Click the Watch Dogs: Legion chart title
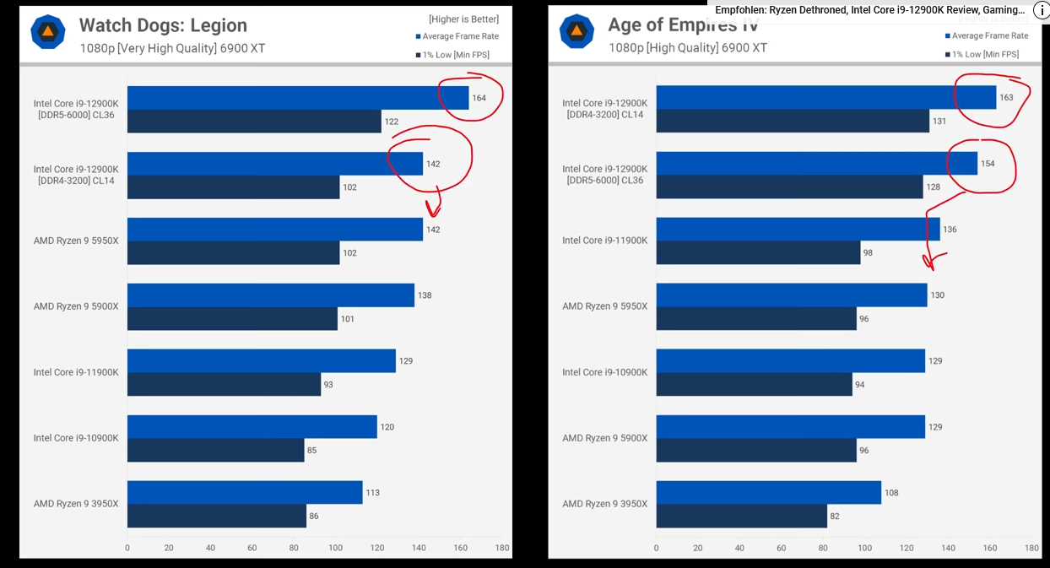163,25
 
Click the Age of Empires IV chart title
683,25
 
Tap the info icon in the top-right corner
1041,10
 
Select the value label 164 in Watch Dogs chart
479,98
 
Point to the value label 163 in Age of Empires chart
1006,98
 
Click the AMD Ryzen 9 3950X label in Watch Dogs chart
76,504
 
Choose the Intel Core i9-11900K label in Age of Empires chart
604,241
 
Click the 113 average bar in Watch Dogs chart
245,492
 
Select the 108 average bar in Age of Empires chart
768,492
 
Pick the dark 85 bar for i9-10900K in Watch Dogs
215,450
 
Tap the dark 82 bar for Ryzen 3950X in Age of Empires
741,516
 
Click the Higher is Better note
463,19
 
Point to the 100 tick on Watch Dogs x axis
335,548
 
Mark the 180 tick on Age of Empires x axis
1031,548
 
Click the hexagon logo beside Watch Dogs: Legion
48,32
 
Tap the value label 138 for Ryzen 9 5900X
425,295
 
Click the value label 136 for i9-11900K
950,230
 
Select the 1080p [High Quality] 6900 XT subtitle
688,48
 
